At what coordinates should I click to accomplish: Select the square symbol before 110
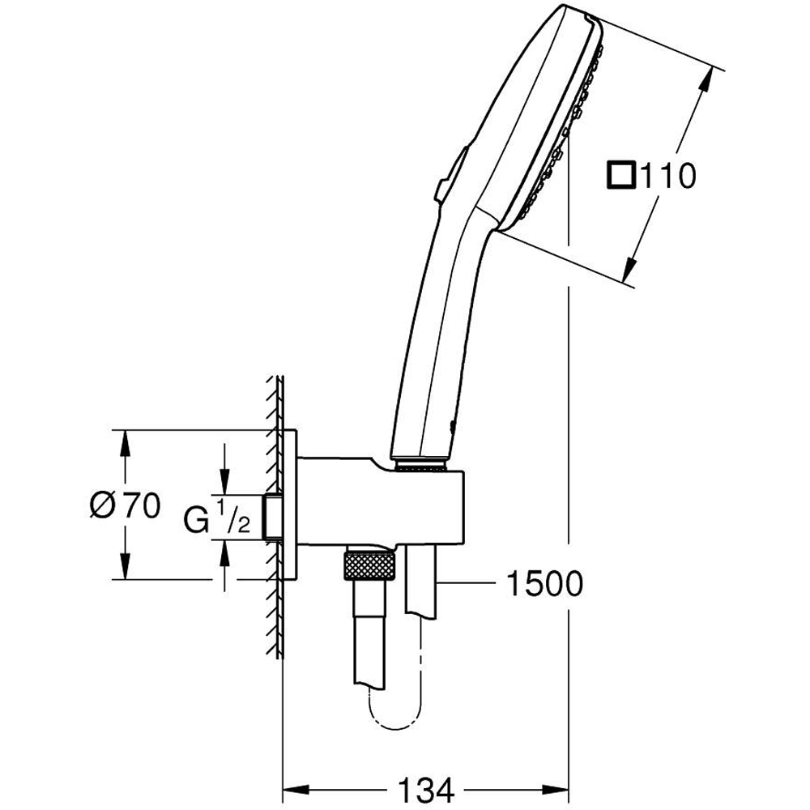click(x=622, y=176)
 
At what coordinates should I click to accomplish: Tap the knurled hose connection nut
click(x=369, y=564)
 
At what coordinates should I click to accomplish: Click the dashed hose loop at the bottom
click(x=394, y=713)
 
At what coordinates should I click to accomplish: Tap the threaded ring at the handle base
click(x=420, y=465)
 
